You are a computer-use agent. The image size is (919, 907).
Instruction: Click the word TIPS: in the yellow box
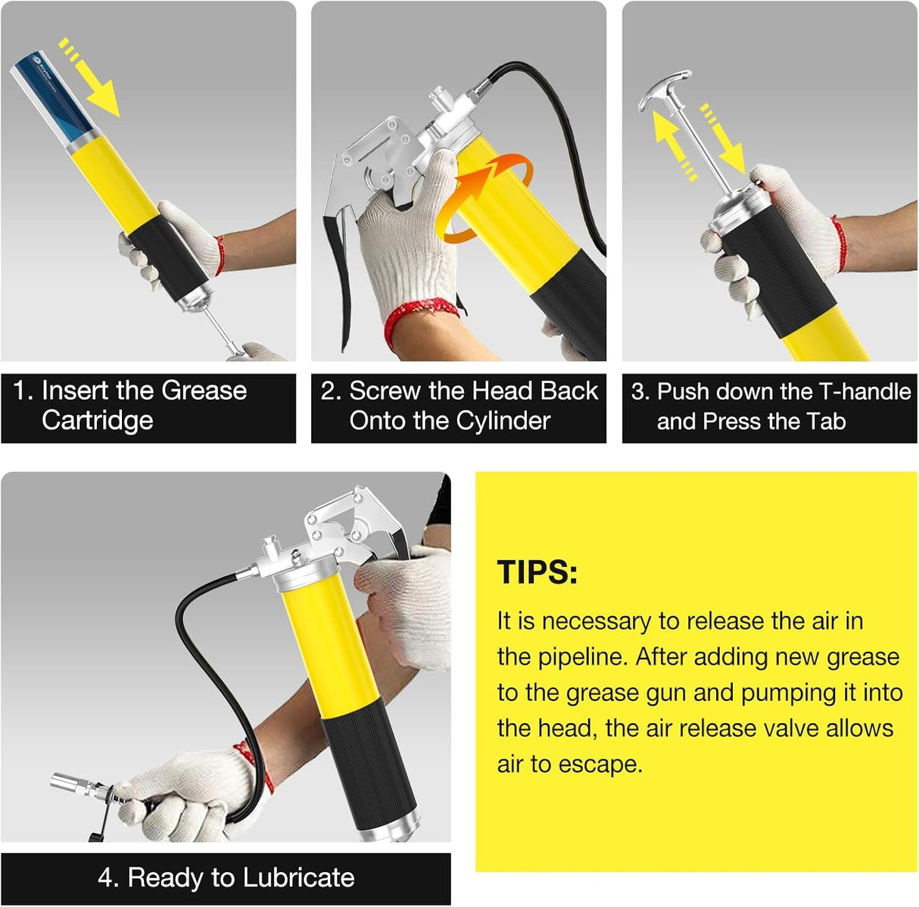point(537,572)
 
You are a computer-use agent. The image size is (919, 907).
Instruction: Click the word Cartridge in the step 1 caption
point(97,420)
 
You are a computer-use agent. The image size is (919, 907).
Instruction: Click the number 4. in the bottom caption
point(108,877)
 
